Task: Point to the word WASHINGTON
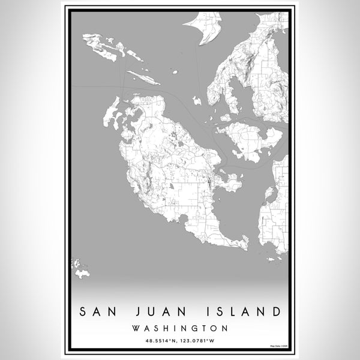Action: (x=180, y=328)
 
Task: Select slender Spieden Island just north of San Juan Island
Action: (x=144, y=79)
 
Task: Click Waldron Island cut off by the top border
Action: (x=204, y=27)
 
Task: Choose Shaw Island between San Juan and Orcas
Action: (x=249, y=137)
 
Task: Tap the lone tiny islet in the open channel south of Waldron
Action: (x=175, y=72)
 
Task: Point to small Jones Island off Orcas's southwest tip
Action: (x=196, y=100)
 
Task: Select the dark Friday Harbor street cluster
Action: (x=208, y=180)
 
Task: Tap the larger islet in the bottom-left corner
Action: (x=82, y=274)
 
